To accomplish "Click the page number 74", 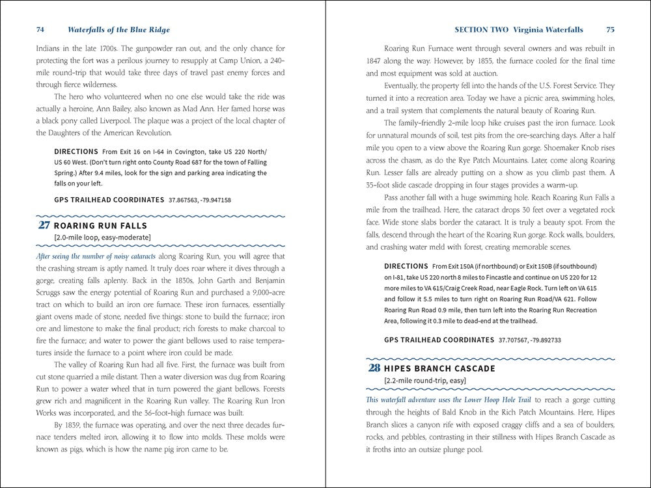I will [x=40, y=30].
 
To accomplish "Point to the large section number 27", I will [x=44, y=226].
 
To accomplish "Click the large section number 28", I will [x=374, y=368].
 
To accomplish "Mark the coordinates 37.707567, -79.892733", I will [x=530, y=340].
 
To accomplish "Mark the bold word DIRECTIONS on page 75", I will [x=406, y=267].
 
